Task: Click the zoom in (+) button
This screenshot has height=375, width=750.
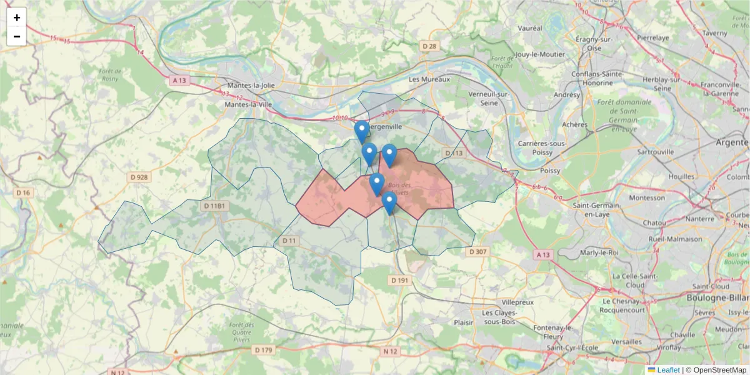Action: pos(17,17)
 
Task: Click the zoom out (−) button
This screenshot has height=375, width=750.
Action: pos(17,36)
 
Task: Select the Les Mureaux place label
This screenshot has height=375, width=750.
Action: pos(429,80)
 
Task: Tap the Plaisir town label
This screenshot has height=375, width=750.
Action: pos(463,322)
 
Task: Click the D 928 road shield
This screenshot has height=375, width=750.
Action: pos(140,177)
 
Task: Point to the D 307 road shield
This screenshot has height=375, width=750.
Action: pos(477,251)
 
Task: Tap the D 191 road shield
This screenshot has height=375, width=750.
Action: pos(399,281)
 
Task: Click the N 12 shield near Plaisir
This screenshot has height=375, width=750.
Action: pos(391,351)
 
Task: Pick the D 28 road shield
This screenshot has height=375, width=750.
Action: pos(429,46)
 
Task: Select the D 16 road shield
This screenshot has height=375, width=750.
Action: pos(23,192)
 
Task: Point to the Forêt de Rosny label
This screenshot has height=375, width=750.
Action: pos(110,75)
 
